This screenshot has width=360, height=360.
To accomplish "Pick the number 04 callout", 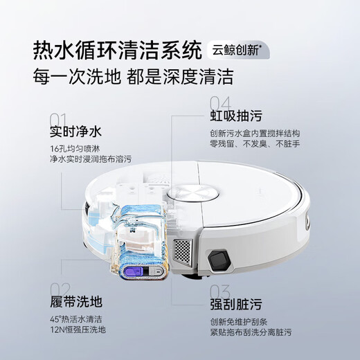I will (x=219, y=103).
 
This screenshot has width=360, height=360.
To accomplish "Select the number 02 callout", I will (x=60, y=289).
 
